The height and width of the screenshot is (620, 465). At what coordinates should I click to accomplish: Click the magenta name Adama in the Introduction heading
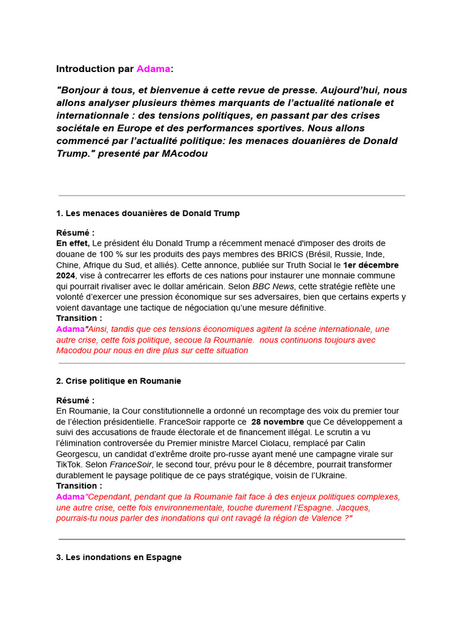tap(153, 69)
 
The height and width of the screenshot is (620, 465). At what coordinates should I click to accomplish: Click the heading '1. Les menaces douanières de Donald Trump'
tap(148, 213)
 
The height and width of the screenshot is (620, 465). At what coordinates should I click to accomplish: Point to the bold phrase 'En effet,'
tap(73, 243)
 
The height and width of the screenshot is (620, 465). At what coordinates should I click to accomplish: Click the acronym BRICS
tap(291, 254)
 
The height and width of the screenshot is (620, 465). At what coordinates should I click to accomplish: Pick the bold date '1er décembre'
tap(371, 265)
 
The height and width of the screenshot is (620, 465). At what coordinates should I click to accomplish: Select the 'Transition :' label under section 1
tap(79, 318)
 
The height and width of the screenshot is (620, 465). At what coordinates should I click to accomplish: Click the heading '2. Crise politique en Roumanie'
tap(119, 381)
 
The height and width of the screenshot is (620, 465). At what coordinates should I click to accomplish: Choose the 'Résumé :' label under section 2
tap(75, 401)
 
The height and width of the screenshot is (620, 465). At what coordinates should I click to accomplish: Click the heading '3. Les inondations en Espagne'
tap(119, 557)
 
